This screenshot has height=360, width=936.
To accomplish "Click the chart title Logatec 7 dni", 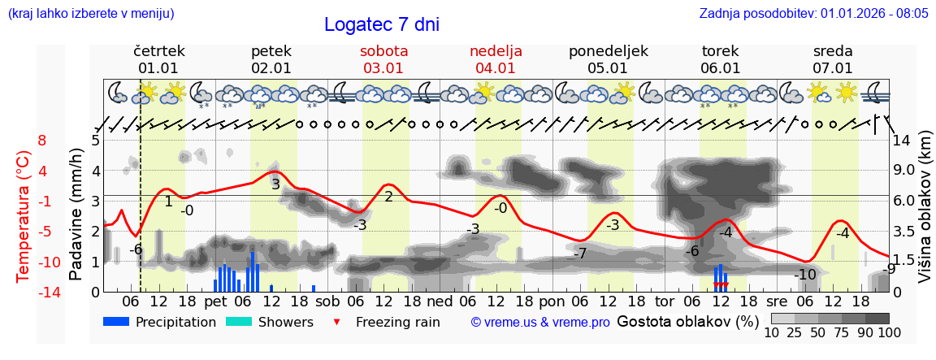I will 381,24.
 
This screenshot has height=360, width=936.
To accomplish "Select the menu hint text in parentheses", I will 90,14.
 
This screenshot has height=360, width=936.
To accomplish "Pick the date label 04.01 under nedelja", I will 495,68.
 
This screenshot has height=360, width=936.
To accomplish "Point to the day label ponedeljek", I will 608,51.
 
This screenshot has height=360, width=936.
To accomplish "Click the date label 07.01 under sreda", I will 833,68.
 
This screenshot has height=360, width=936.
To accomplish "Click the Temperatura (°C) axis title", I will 25,215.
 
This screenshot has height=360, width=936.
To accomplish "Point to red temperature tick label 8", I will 42,140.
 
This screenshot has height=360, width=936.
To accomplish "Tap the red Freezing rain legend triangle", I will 337,323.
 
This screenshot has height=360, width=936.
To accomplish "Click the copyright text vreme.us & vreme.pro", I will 539,323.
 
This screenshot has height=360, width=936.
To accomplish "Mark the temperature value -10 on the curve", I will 805,275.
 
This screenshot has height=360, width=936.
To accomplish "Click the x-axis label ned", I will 440,301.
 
